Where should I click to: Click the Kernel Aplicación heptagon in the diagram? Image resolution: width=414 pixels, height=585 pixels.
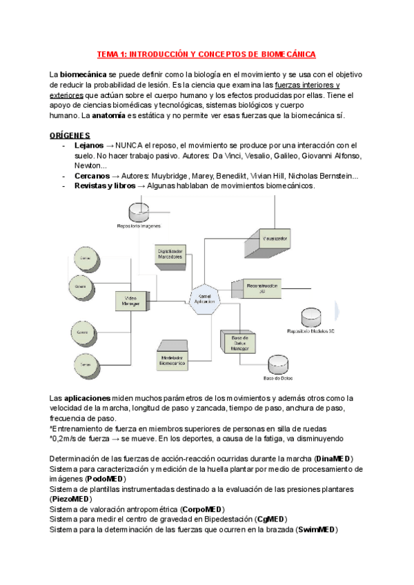(x=203, y=299)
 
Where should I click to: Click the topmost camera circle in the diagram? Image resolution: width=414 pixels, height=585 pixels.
(x=85, y=258)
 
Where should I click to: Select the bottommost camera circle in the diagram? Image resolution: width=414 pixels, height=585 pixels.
(x=85, y=361)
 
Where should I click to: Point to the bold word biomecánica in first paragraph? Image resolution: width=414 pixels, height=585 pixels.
(x=83, y=74)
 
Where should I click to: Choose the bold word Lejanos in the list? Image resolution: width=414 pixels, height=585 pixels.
(x=89, y=146)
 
